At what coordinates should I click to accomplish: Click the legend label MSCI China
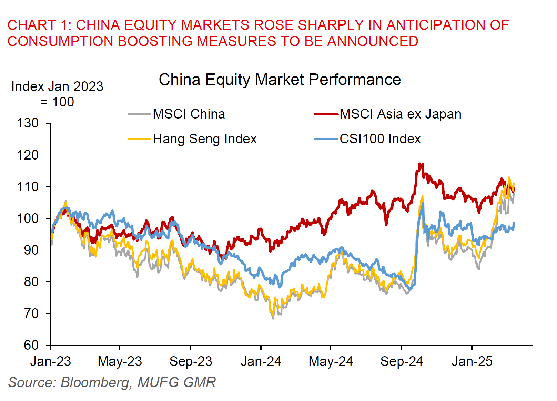point(189,114)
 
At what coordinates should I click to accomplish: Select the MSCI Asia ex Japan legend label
point(400,114)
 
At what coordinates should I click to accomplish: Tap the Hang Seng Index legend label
point(205,139)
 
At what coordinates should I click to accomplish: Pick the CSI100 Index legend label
point(380,139)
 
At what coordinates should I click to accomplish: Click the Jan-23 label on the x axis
point(50,361)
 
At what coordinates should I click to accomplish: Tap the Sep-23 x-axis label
point(191,361)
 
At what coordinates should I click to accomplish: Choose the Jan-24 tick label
point(261,361)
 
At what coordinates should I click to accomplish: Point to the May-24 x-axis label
point(331,361)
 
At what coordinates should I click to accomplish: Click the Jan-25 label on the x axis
point(472,361)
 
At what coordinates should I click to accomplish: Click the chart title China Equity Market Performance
point(280,80)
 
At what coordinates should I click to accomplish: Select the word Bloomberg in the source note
point(96,382)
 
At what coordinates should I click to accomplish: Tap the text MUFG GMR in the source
point(176,382)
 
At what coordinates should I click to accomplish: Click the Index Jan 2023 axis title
point(57,86)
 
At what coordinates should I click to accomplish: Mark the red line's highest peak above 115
point(419,164)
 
